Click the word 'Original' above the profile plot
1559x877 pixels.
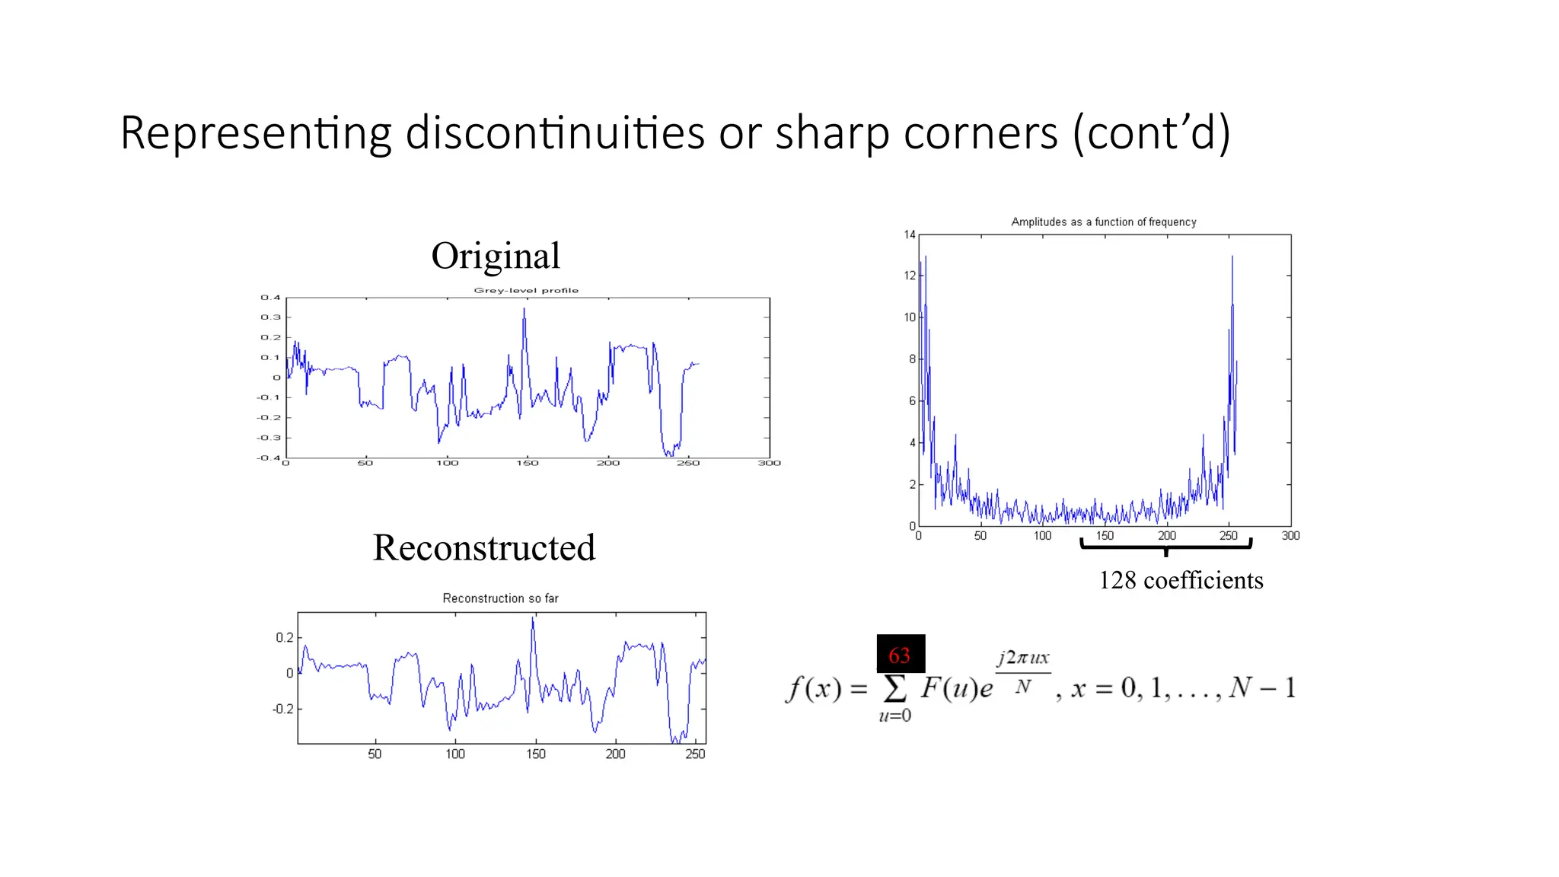496,256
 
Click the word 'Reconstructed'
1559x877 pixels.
484,547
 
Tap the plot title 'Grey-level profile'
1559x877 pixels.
526,290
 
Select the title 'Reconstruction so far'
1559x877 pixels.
500,598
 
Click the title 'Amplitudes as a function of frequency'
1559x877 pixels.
1103,222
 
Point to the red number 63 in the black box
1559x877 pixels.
900,655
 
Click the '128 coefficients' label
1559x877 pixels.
1181,580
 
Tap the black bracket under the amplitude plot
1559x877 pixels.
1165,545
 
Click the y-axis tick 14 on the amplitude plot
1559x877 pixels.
910,234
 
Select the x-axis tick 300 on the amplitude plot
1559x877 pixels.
1290,536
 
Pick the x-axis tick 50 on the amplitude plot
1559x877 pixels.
980,536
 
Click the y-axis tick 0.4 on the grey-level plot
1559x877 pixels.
271,298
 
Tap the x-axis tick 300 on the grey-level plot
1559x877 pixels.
769,463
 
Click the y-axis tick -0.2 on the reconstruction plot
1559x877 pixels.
282,709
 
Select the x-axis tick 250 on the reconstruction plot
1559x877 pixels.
695,754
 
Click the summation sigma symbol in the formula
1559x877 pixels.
894,688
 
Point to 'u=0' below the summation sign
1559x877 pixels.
894,716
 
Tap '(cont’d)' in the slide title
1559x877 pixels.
1152,133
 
